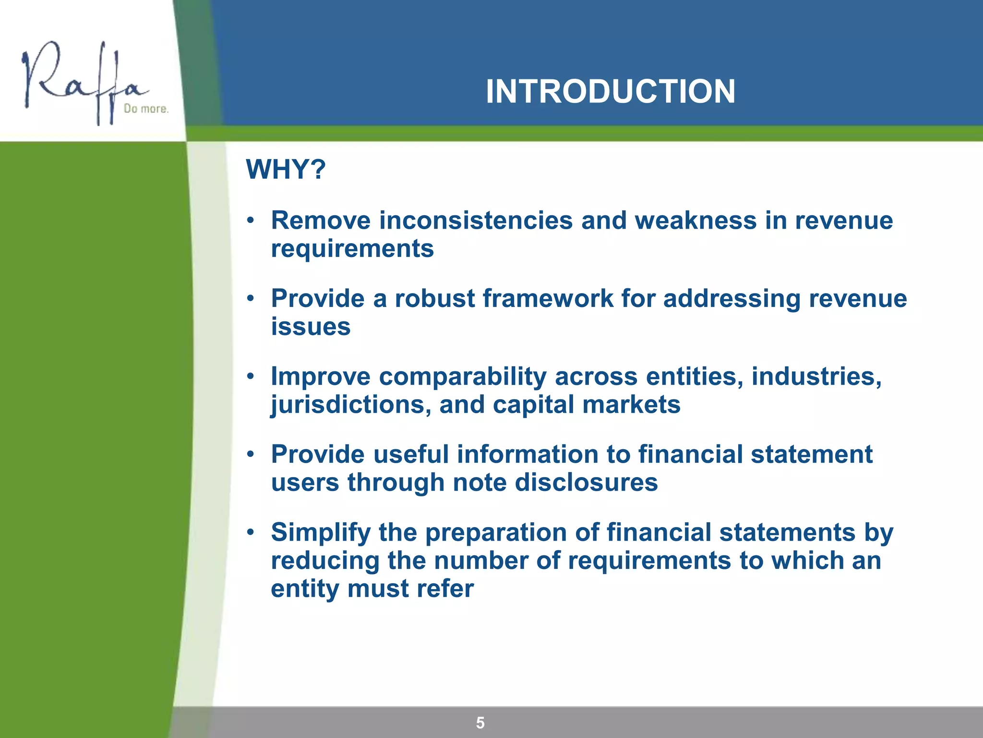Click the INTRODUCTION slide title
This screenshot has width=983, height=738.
coord(610,91)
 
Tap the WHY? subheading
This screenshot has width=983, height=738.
coord(286,169)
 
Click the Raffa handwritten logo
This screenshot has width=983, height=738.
coord(82,82)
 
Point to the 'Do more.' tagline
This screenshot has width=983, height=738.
coord(146,109)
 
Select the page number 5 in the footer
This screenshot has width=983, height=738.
coord(480,723)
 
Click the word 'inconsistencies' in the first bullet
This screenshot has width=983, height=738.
coord(476,221)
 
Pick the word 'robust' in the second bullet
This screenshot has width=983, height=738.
coord(435,298)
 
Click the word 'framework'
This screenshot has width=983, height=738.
coord(548,298)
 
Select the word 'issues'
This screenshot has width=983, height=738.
coord(311,327)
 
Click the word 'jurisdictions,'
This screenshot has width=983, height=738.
coord(351,405)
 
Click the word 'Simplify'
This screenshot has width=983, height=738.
coord(321,533)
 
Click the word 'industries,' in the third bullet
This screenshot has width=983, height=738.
coord(816,377)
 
